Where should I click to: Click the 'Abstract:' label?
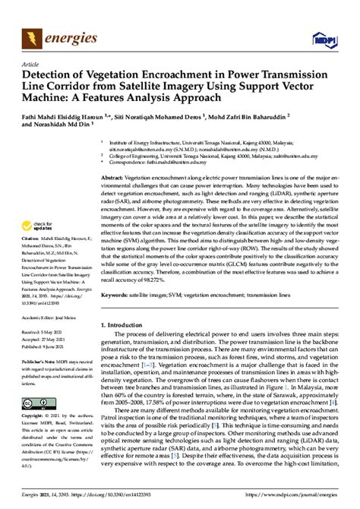click(113, 175)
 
